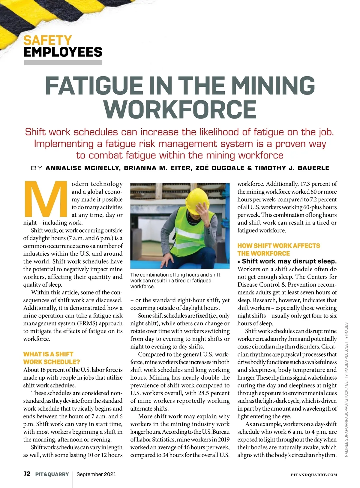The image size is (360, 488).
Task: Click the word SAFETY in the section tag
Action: pyautogui.click(x=47, y=40)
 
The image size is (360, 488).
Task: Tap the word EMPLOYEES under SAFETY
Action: pyautogui.click(x=63, y=52)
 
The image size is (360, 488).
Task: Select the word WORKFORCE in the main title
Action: pyautogui.click(x=180, y=109)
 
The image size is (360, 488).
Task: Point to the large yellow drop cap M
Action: pyautogui.click(x=46, y=199)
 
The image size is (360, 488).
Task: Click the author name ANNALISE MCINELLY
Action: pyautogui.click(x=82, y=168)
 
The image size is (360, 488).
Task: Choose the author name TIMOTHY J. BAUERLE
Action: pyautogui.click(x=292, y=168)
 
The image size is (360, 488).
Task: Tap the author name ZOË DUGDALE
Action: pyautogui.click(x=220, y=168)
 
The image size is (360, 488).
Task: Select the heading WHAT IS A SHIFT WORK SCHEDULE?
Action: pyautogui.click(x=52, y=358)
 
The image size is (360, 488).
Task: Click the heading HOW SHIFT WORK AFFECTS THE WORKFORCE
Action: pyautogui.click(x=278, y=249)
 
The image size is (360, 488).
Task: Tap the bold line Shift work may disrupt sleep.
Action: pyautogui.click(x=289, y=261)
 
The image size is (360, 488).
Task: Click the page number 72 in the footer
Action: pyautogui.click(x=27, y=474)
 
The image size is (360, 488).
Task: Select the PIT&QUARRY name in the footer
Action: pyautogui.click(x=52, y=474)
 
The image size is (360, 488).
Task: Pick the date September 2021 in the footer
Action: pyautogui.click(x=96, y=474)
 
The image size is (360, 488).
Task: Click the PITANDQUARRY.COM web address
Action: pyautogui.click(x=314, y=475)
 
